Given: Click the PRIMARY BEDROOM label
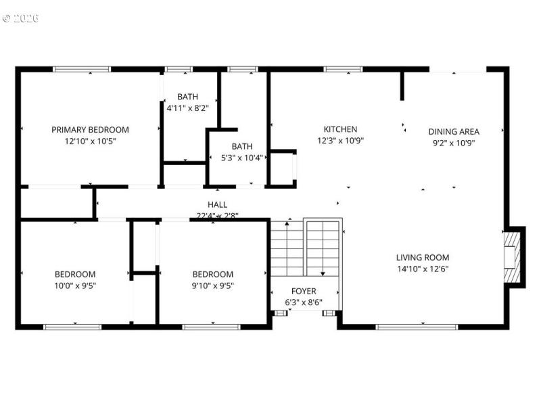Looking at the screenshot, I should point(90,130).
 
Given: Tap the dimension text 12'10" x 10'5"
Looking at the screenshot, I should point(90,142).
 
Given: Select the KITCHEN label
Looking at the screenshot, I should point(340,129).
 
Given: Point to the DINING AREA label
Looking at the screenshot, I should point(454,131).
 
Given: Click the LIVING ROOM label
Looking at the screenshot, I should point(422,257).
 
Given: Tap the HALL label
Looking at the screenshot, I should point(217,204).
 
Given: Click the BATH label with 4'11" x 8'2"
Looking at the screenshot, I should point(187,96).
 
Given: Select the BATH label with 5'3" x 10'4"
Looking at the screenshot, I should point(241,146).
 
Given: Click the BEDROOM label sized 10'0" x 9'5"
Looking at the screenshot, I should point(75,274).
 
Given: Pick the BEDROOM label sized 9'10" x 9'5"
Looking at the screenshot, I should point(213,274).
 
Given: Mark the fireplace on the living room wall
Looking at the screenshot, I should point(513,257).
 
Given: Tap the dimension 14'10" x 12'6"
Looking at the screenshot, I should point(422,269).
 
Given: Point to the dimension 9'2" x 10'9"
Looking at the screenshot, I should point(454,143).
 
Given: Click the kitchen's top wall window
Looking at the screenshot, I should point(343,69).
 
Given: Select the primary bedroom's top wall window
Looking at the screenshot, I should point(82,69).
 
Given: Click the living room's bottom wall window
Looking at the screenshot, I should point(406,327).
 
